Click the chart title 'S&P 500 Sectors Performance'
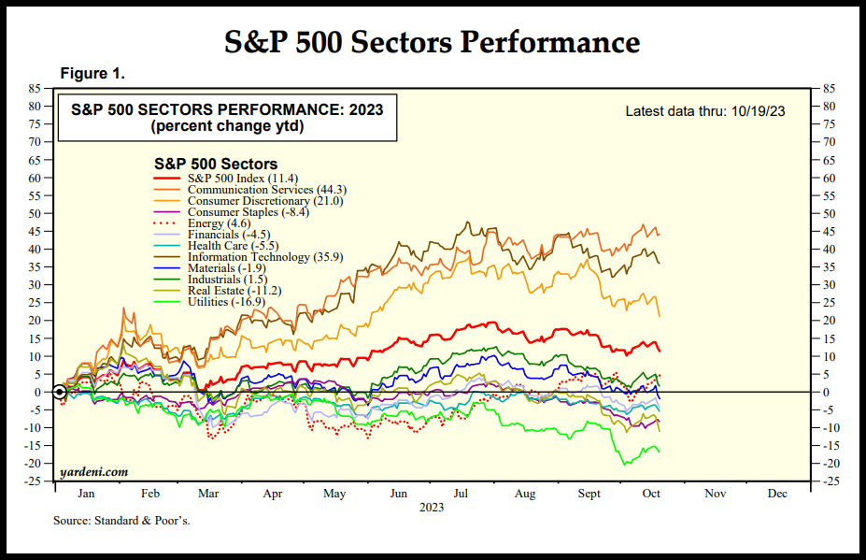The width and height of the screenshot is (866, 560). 433,42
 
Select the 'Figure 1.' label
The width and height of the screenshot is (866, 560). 92,73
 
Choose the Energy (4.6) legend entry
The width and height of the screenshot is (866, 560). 206,223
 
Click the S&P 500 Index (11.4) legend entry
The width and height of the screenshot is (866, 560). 242,178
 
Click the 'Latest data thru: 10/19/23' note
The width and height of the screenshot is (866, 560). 704,111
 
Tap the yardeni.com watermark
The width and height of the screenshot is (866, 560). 93,472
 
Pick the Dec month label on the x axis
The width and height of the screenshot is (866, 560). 776,493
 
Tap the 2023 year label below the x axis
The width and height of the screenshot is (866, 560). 432,507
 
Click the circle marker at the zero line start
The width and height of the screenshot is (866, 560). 59,392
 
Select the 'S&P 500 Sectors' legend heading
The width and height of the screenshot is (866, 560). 215,164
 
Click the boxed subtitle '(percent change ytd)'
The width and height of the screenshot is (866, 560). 227,126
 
